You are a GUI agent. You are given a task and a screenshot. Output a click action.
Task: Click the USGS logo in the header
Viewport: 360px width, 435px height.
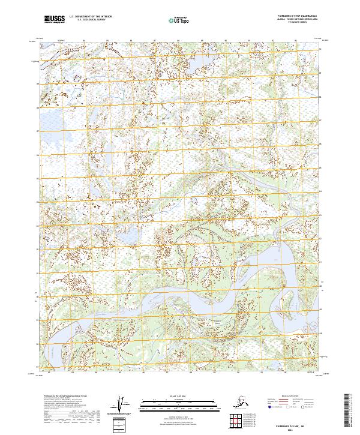(x=55, y=20)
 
